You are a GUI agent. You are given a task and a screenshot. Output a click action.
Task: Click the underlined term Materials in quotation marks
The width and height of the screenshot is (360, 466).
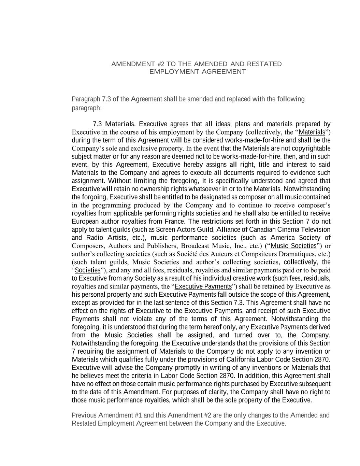tap(312, 132)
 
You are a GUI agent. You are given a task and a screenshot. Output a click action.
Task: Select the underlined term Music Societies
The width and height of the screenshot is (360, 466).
tap(293, 246)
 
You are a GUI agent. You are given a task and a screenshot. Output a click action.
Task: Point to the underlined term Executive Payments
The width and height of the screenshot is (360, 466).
tap(203, 286)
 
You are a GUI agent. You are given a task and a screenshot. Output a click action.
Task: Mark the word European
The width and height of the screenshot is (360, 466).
tap(85, 221)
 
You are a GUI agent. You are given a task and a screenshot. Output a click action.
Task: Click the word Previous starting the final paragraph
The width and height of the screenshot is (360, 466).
tap(84, 415)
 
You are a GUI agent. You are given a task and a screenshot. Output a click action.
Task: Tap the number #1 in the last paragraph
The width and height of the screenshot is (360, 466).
tap(139, 415)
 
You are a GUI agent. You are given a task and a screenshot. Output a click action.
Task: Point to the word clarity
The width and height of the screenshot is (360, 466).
tap(218, 392)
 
